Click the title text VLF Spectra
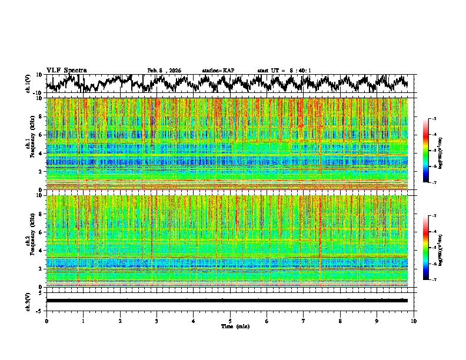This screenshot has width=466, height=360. coord(66,70)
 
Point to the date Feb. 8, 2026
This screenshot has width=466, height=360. coord(164,71)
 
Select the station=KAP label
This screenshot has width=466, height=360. coord(218,71)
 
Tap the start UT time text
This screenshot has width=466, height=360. coord(284,71)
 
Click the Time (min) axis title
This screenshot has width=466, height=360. coord(231,326)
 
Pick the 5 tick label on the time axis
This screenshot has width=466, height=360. coord(230,321)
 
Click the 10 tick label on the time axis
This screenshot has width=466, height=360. coord(414,321)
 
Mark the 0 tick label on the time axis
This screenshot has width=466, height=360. coord(46,321)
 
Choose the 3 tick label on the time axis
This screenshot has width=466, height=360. coord(157,321)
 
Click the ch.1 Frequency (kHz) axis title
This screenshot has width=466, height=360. coord(31,144)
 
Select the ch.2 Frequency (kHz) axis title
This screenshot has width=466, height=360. coord(31,241)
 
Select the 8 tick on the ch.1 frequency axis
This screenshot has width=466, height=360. coord(39,116)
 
